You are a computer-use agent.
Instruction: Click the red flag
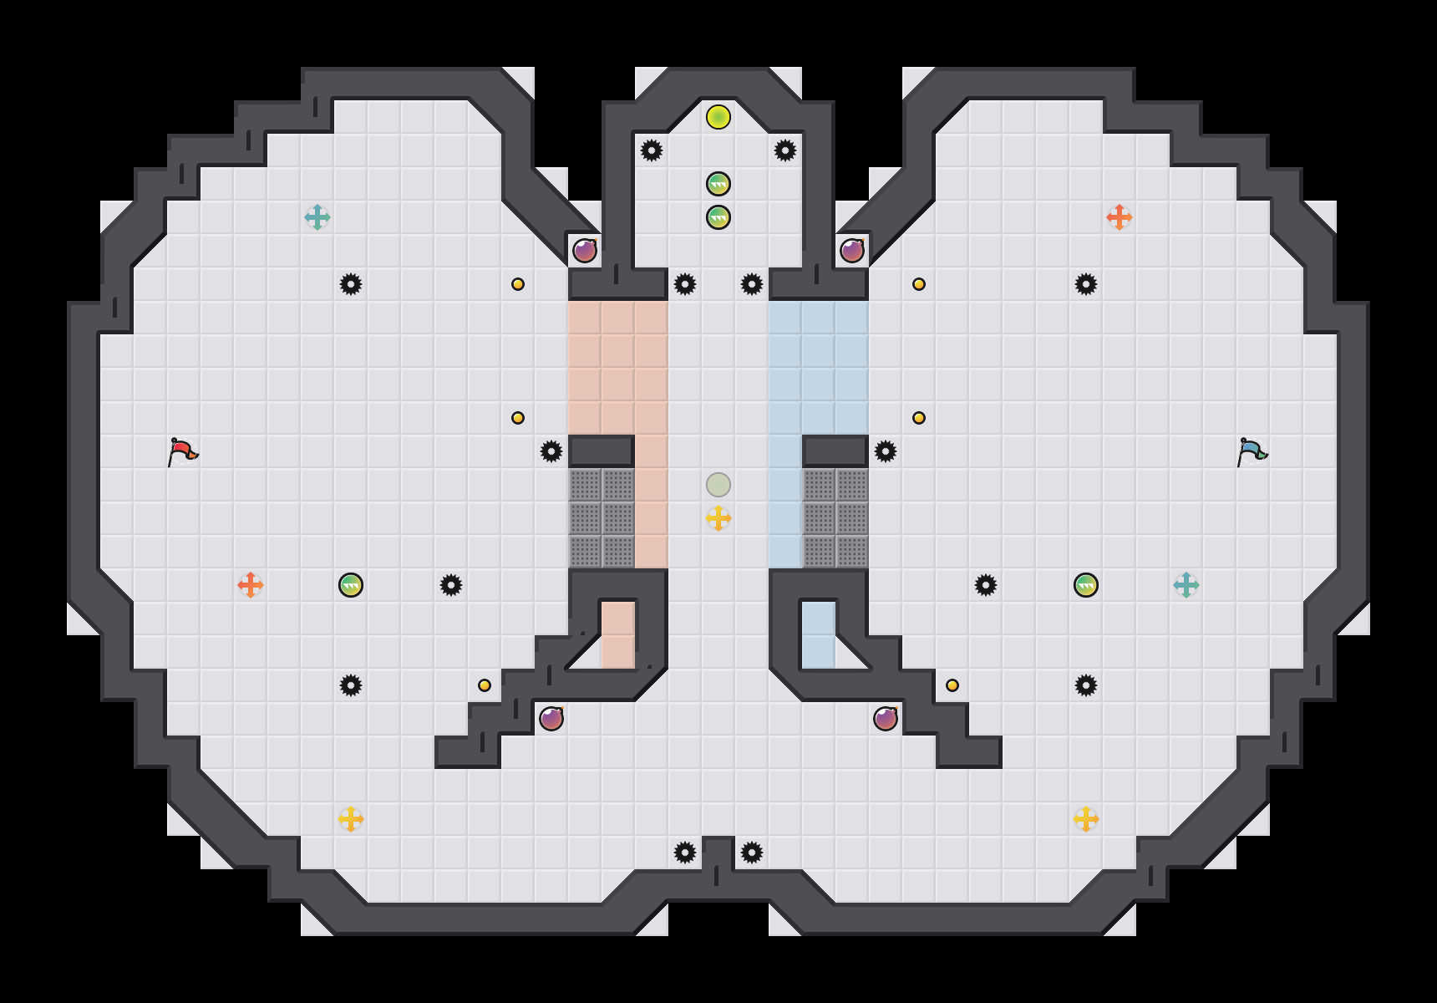coord(182,451)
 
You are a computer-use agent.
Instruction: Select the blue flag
coord(1252,451)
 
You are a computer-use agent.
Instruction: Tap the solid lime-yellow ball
coord(718,117)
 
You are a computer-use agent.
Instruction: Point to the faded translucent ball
coord(718,485)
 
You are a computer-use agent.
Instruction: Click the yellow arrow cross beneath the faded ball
coord(718,518)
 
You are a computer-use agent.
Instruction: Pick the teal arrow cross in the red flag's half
coord(317,217)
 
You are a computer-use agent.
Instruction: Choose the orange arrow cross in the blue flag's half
coord(1120,217)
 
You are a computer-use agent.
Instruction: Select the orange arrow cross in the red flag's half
coord(251,585)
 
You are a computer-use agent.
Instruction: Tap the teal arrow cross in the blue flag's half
coord(1186,585)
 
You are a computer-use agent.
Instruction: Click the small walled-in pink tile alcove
coord(618,635)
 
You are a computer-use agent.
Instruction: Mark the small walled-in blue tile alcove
coord(819,635)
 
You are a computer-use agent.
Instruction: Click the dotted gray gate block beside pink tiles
coord(602,518)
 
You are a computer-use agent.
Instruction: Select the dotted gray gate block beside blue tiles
coord(835,518)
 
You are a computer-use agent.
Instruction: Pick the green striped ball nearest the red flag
coord(351,585)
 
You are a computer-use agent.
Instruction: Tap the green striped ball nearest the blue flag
coord(1086,585)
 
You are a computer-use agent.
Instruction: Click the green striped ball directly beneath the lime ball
coord(718,184)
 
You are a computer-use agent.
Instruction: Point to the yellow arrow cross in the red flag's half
coord(351,819)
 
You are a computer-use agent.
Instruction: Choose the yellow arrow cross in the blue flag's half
coord(1086,819)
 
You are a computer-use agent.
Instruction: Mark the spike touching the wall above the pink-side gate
coord(551,451)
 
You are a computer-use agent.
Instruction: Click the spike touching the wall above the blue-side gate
coord(886,451)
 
